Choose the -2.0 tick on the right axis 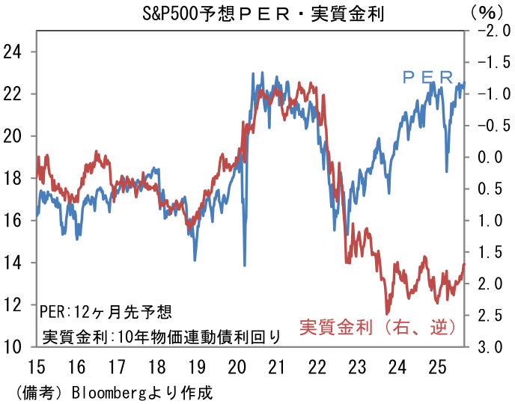tap(487, 31)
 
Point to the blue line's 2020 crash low tap(244, 265)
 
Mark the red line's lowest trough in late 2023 tap(386, 313)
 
